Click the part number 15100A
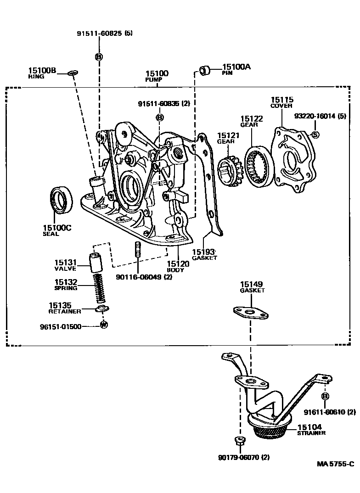pyautogui.click(x=236, y=67)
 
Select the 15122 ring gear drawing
pyautogui.click(x=259, y=167)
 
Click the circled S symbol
pyautogui.click(x=315, y=134)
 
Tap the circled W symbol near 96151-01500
pyautogui.click(x=104, y=325)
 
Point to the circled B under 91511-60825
pyautogui.click(x=99, y=56)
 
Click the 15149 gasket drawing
pyautogui.click(x=251, y=313)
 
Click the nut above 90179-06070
pyautogui.click(x=240, y=442)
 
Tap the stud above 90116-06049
pyautogui.click(x=138, y=249)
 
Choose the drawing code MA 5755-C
pyautogui.click(x=335, y=464)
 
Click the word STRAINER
pyautogui.click(x=311, y=433)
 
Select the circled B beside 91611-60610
pyautogui.click(x=326, y=397)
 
